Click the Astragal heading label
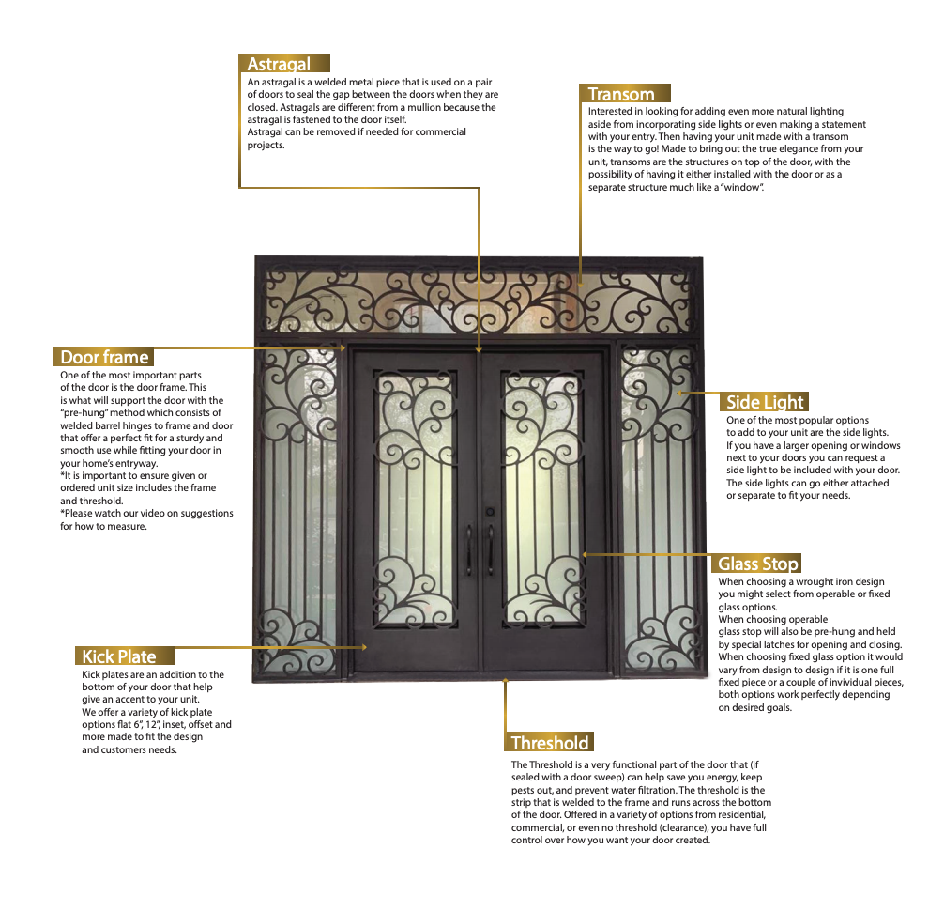point(279,64)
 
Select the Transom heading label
point(620,94)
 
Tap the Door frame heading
point(104,357)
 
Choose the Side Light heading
point(765,402)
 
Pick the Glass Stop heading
point(758,564)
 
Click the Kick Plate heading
point(118,656)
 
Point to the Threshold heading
point(550,743)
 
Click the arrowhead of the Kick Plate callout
point(363,647)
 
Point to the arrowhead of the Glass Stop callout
point(585,554)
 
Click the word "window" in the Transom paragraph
point(741,187)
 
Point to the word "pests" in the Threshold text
point(524,790)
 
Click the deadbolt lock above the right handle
point(489,512)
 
